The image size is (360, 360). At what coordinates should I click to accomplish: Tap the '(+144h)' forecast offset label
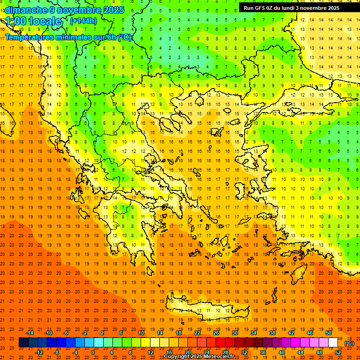tap(83, 21)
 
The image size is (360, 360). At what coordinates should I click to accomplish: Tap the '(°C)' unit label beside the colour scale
tap(349, 343)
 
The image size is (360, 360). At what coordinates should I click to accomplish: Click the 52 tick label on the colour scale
tap(337, 352)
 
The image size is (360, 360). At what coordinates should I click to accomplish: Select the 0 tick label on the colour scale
tap(93, 352)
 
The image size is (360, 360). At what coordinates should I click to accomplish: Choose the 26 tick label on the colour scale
tap(216, 333)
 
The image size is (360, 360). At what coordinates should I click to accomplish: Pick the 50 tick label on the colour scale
tap(329, 333)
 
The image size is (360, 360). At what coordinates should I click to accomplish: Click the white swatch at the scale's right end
tap(333, 343)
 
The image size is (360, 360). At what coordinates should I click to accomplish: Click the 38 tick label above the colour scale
tap(272, 333)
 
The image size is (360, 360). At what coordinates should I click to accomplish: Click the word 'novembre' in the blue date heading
tap(80, 10)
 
